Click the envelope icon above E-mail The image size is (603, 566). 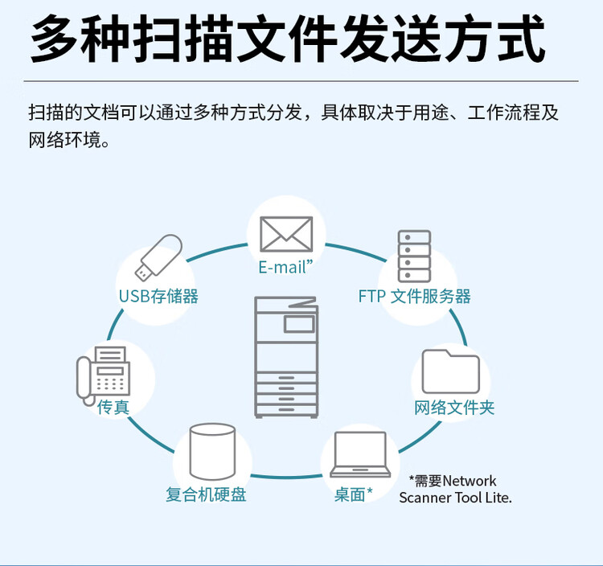pyautogui.click(x=285, y=234)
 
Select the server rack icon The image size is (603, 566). pyautogui.click(x=414, y=256)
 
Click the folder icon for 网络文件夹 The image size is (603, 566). pyautogui.click(x=450, y=371)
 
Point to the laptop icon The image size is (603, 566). pyautogui.click(x=359, y=455)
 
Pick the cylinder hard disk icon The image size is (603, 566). pyautogui.click(x=212, y=452)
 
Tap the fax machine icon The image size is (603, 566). pyautogui.click(x=104, y=373)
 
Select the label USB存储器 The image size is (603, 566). pyautogui.click(x=158, y=296)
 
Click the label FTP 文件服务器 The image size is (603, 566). pyautogui.click(x=414, y=296)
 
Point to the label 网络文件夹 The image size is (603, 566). pyautogui.click(x=454, y=408)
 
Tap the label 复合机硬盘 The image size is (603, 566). pyautogui.click(x=206, y=494)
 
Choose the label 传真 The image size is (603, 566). pyautogui.click(x=113, y=408)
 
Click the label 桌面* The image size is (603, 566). pyautogui.click(x=354, y=494)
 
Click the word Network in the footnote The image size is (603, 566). pyautogui.click(x=470, y=481)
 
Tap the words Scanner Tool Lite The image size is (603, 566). pyautogui.click(x=455, y=498)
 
